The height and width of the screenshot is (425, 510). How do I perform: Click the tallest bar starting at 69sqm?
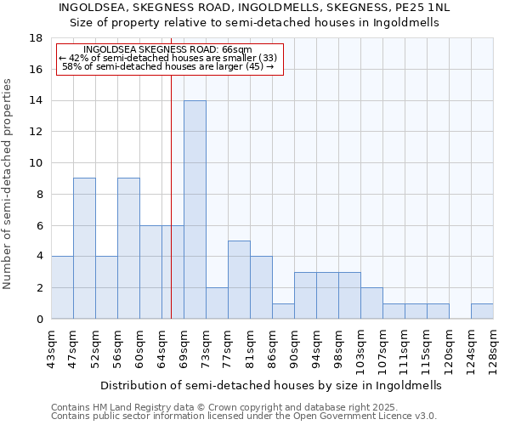(x=195, y=210)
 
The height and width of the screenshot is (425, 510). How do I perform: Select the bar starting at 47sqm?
(x=84, y=248)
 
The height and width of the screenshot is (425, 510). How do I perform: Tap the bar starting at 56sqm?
(x=128, y=248)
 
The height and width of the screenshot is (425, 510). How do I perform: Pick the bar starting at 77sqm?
(x=239, y=280)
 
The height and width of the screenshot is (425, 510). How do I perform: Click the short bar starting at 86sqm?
(x=283, y=311)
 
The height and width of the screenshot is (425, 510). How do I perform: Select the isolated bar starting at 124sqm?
(x=482, y=311)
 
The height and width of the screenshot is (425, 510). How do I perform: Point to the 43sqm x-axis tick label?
(x=51, y=345)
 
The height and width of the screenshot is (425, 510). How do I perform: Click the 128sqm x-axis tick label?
(x=493, y=345)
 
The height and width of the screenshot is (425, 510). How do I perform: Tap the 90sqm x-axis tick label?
(x=294, y=345)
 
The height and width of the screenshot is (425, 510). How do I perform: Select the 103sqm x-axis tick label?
(x=360, y=347)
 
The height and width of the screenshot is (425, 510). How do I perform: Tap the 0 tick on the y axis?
(x=39, y=320)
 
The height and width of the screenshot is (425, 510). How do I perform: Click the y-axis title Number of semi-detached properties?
(x=8, y=184)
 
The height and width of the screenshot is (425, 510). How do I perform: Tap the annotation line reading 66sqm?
(x=168, y=50)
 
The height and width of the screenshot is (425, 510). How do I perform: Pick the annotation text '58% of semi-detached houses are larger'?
(x=168, y=65)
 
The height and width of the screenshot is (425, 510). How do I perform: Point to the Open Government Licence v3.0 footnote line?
(x=244, y=416)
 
